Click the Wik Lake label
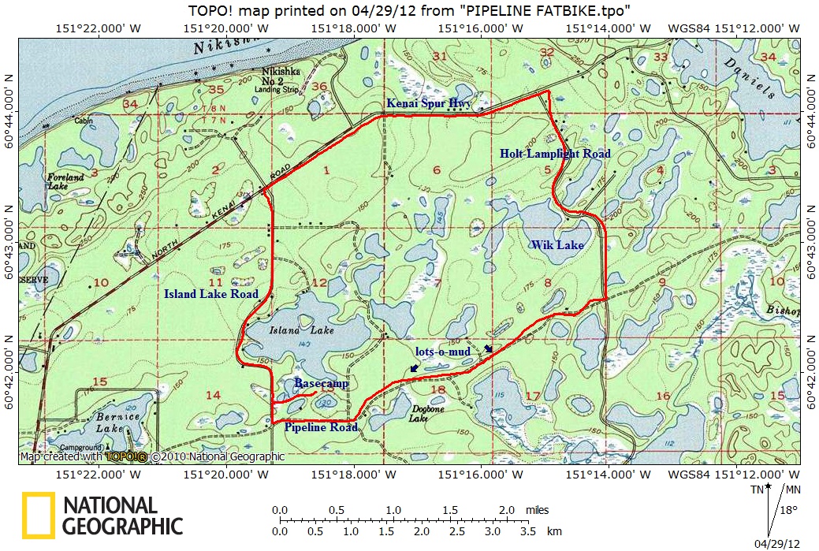(x=557, y=245)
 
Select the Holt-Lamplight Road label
(x=555, y=155)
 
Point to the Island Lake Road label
(x=210, y=294)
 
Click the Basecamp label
(x=321, y=383)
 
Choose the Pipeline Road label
(x=321, y=427)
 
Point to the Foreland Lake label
(x=65, y=182)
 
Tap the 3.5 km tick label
(x=527, y=532)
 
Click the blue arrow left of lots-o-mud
(x=415, y=367)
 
